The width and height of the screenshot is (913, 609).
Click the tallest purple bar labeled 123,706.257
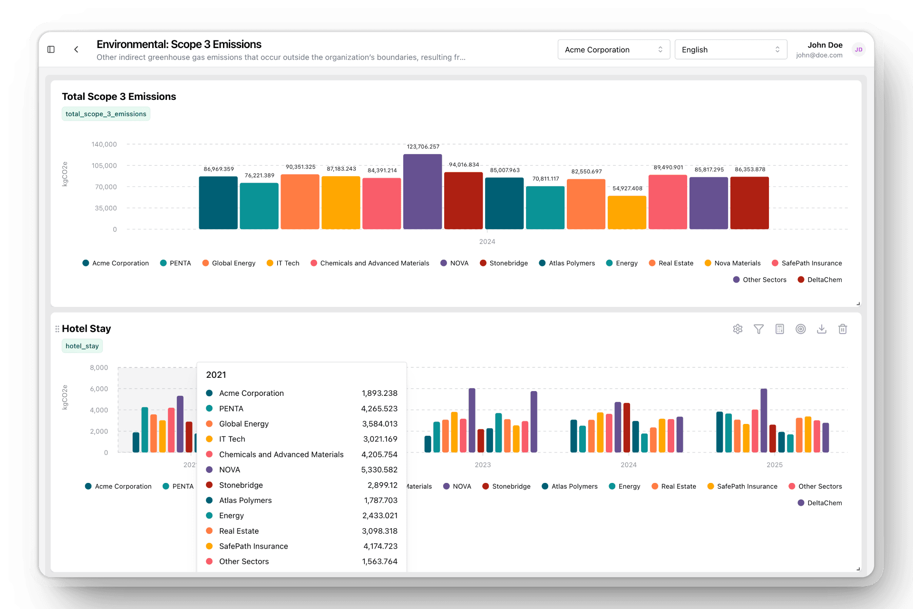[x=422, y=192]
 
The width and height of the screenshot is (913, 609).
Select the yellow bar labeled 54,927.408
[x=627, y=213]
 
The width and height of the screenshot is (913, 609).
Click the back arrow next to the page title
[x=76, y=49]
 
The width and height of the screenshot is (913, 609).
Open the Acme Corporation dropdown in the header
[x=613, y=49]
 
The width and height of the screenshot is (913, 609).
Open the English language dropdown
[x=730, y=49]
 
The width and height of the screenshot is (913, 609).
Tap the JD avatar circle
[x=858, y=49]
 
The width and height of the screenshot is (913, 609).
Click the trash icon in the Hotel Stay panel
[x=842, y=329]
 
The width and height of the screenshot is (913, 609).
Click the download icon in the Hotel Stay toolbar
[x=821, y=329]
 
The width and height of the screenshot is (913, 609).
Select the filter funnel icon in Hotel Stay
[x=758, y=329]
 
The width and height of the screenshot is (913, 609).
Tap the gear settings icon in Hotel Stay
[x=738, y=329]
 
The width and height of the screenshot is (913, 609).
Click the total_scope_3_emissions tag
[x=106, y=114]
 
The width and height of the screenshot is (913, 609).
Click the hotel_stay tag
[x=82, y=346]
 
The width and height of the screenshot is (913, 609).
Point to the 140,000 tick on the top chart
[x=104, y=144]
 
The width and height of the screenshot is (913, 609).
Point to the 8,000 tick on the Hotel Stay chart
[x=99, y=367]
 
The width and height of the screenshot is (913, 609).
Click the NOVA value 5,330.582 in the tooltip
[x=379, y=470]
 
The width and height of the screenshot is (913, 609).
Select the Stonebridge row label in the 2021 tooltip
[x=241, y=485]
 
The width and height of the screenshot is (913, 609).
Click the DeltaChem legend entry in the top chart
[x=824, y=280]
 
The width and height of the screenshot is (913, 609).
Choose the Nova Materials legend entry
[x=737, y=263]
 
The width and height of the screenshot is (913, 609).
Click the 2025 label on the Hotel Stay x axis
[x=774, y=465]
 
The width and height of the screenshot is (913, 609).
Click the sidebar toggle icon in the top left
[x=51, y=49]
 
